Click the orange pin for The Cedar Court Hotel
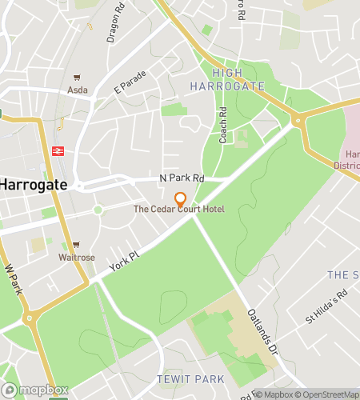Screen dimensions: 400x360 pyautogui.click(x=180, y=198)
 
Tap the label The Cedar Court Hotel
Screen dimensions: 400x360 pyautogui.click(x=179, y=210)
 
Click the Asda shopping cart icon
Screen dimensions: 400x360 pyautogui.click(x=78, y=78)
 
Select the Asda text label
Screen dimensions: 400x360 pyautogui.click(x=78, y=90)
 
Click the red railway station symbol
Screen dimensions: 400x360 pyautogui.click(x=58, y=150)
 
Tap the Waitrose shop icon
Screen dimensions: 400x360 pyautogui.click(x=76, y=245)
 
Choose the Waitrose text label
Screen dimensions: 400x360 pyautogui.click(x=76, y=258)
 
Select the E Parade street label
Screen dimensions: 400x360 pyautogui.click(x=130, y=82)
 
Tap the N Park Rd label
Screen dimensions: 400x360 pyautogui.click(x=182, y=178)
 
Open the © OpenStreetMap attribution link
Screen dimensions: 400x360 pyautogui.click(x=328, y=394)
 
